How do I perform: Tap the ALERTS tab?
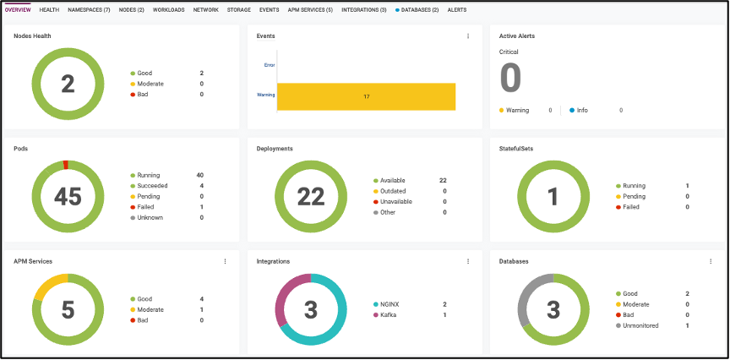[457, 9]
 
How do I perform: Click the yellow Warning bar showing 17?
[366, 97]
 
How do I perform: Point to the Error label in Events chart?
[269, 64]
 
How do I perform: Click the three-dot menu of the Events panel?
[468, 36]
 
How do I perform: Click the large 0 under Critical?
[510, 78]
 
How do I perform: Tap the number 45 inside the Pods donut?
[68, 196]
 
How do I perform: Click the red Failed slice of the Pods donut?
[66, 164]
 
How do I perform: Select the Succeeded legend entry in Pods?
[152, 186]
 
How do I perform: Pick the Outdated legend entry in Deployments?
[393, 191]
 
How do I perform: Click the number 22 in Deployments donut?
[310, 196]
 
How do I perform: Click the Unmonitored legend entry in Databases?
[640, 325]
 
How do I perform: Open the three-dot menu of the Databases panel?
[711, 262]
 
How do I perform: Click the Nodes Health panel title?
[32, 36]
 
